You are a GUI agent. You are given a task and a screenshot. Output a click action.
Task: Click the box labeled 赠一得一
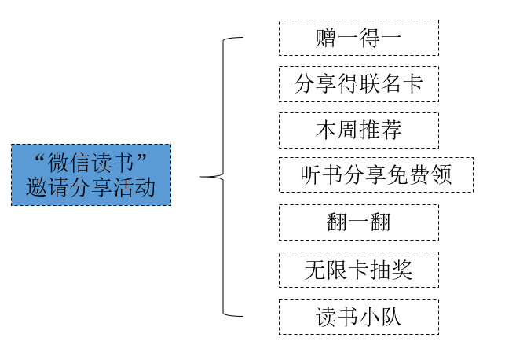point(358,38)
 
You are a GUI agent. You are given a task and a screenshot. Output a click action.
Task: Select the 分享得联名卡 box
point(358,84)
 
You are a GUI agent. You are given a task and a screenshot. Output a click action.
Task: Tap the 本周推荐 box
point(358,130)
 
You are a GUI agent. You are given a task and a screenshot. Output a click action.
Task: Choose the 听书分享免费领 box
point(376,174)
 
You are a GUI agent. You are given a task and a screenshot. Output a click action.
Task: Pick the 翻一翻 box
point(358,222)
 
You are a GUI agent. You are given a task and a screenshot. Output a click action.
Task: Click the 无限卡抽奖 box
point(358,270)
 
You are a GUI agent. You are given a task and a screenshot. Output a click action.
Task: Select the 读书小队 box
point(358,317)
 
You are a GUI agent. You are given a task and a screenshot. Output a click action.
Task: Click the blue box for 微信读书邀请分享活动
point(91,174)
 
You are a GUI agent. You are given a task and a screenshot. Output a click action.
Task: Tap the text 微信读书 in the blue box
point(91,163)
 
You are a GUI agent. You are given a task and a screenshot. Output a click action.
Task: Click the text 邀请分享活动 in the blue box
point(91,189)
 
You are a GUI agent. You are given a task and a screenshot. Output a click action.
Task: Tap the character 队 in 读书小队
point(402,317)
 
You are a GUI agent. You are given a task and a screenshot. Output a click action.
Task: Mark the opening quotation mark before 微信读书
point(41,158)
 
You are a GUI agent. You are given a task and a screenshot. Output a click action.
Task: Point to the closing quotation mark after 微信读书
point(141,158)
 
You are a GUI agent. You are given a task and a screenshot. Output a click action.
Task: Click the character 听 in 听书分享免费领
point(311,174)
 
